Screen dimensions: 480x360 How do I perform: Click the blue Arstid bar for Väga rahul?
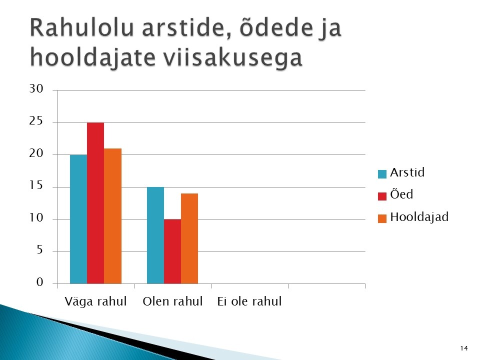point(78,219)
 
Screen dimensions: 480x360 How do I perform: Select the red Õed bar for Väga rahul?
point(95,203)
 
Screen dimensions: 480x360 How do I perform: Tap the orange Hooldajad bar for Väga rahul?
point(112,216)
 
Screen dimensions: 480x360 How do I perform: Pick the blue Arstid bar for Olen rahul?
point(155,235)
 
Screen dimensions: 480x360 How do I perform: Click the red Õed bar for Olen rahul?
point(172,251)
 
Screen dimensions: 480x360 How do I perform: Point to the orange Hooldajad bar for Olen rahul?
point(189,239)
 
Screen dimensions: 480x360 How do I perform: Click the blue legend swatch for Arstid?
point(382,174)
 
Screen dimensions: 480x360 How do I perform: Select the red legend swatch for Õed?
point(382,196)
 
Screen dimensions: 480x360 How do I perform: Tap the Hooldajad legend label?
point(419,217)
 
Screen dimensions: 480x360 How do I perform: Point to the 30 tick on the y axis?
point(36,89)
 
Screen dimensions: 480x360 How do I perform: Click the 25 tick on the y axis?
point(36,121)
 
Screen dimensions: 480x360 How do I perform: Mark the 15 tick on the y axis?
point(36,185)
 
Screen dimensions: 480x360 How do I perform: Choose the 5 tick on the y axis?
point(40,250)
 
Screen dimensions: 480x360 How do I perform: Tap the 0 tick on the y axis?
point(40,282)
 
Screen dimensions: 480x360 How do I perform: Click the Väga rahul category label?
point(95,301)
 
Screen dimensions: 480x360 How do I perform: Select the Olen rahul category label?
point(172,301)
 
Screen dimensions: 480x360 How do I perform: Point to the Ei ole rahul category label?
point(249,301)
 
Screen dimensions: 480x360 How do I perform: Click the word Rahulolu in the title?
point(82,28)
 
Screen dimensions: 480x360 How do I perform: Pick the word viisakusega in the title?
point(232,58)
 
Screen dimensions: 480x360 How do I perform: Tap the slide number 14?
point(464,348)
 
